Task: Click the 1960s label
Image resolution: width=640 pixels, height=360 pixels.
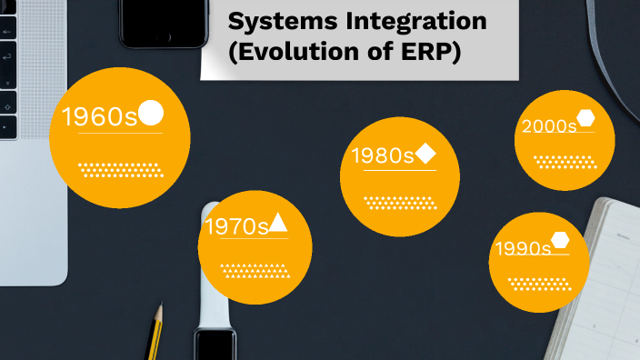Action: (99, 116)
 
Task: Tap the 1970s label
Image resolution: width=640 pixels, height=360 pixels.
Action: (236, 226)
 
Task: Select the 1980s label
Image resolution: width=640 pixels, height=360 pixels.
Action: (383, 155)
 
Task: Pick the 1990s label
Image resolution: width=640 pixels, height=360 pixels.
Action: (523, 248)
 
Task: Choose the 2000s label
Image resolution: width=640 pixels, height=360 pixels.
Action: (549, 126)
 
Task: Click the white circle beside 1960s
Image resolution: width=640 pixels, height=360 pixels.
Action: (151, 113)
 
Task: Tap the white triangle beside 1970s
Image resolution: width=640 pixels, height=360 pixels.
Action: (278, 223)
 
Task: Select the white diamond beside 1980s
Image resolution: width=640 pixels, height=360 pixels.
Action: (425, 154)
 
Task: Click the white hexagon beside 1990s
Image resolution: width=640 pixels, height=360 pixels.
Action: (560, 241)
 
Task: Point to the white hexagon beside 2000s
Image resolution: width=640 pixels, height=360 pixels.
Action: (585, 118)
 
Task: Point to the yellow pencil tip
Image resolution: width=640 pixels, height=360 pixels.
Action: (160, 310)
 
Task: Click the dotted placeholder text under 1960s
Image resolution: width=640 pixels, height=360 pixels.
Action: (119, 169)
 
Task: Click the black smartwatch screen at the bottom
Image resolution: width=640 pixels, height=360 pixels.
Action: (215, 346)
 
